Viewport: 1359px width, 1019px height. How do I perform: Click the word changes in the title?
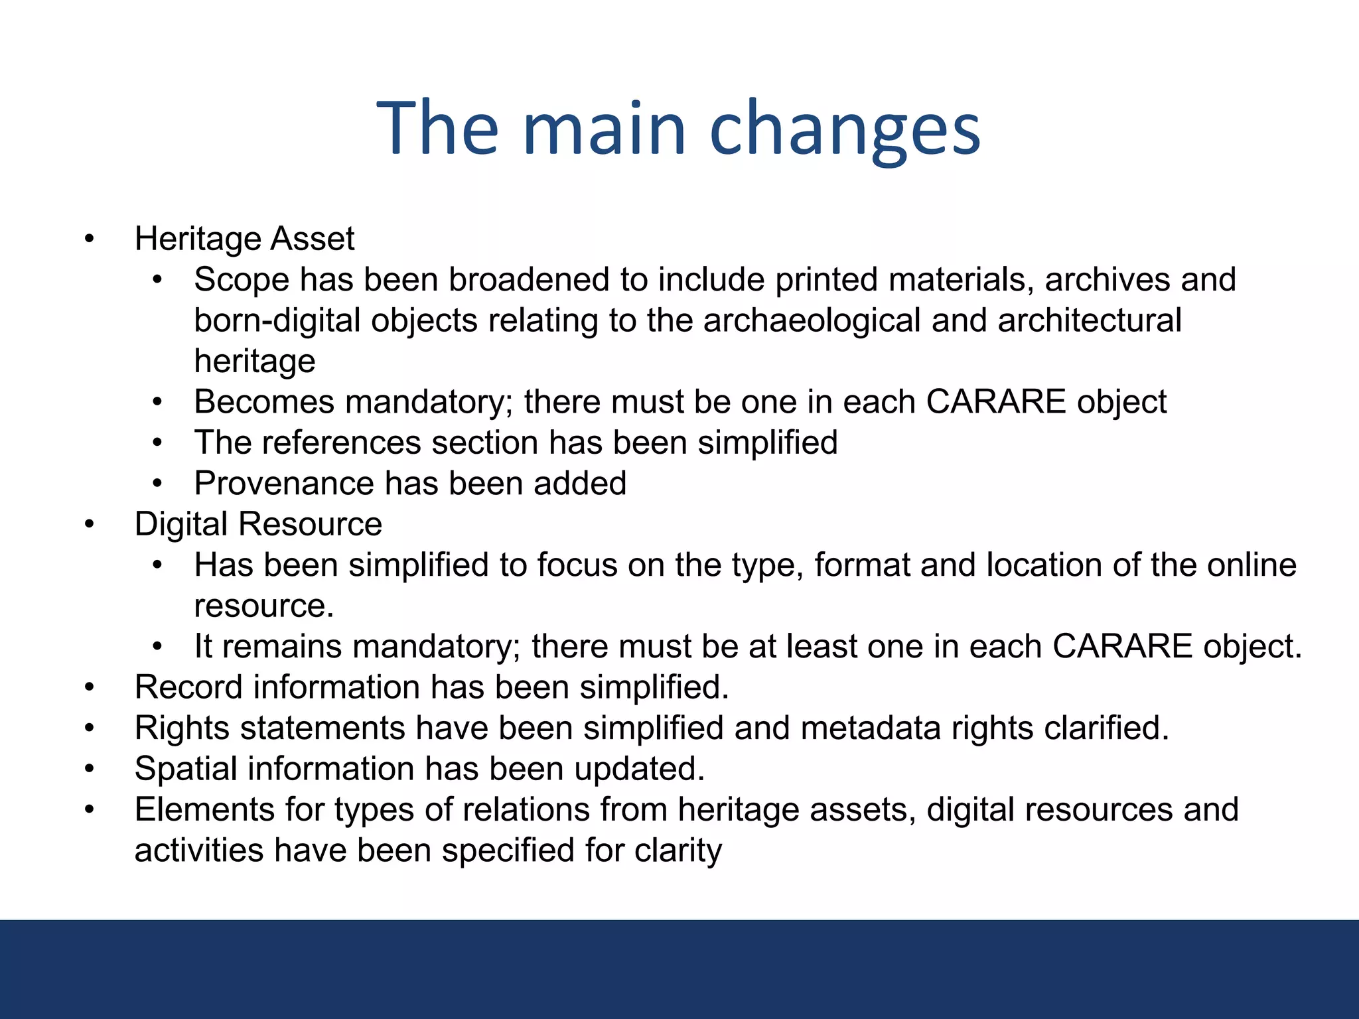[x=845, y=129]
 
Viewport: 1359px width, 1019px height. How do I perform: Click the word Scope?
[x=242, y=280]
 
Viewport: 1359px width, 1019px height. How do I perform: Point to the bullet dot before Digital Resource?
[x=90, y=525]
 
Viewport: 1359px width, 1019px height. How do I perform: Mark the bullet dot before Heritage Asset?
[x=90, y=239]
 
